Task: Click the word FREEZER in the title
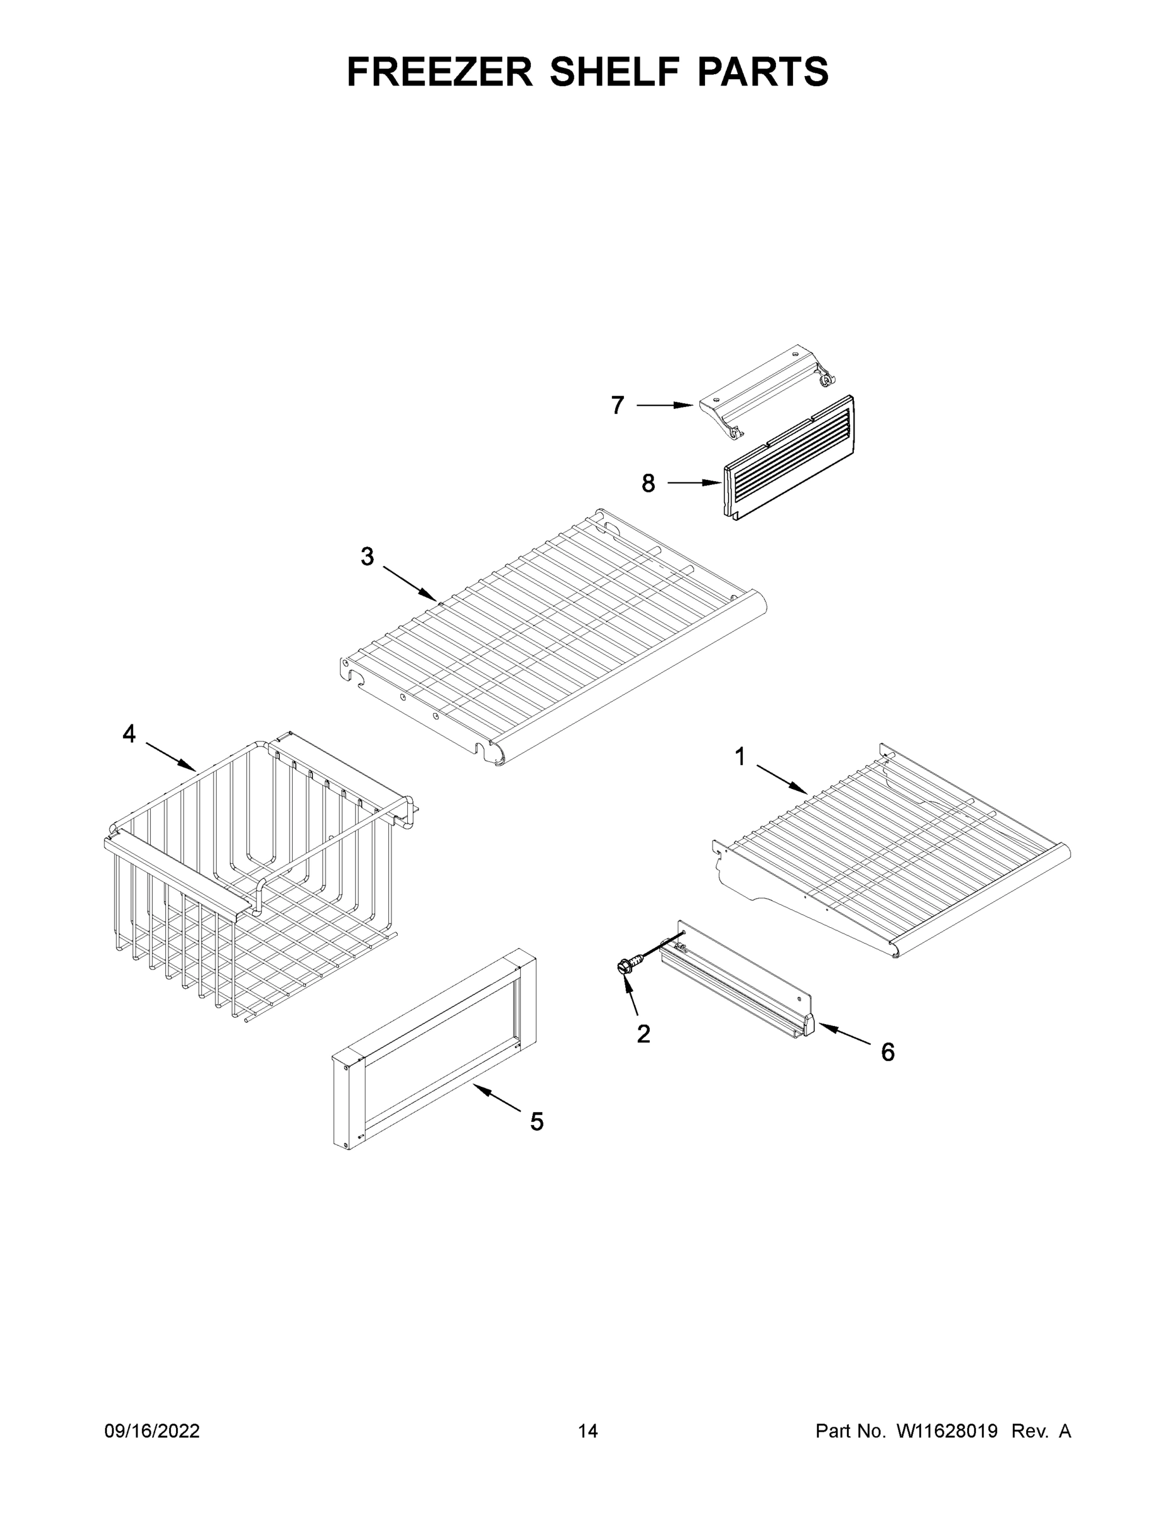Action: (x=439, y=72)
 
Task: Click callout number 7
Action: (x=618, y=406)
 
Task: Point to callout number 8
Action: (x=648, y=483)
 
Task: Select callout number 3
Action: (x=367, y=556)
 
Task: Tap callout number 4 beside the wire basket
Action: (x=129, y=733)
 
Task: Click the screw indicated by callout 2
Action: (x=625, y=966)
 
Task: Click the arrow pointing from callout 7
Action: (x=664, y=406)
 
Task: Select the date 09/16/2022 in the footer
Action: (x=152, y=1431)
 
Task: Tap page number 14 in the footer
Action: (x=588, y=1431)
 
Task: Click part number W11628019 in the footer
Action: (x=947, y=1431)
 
